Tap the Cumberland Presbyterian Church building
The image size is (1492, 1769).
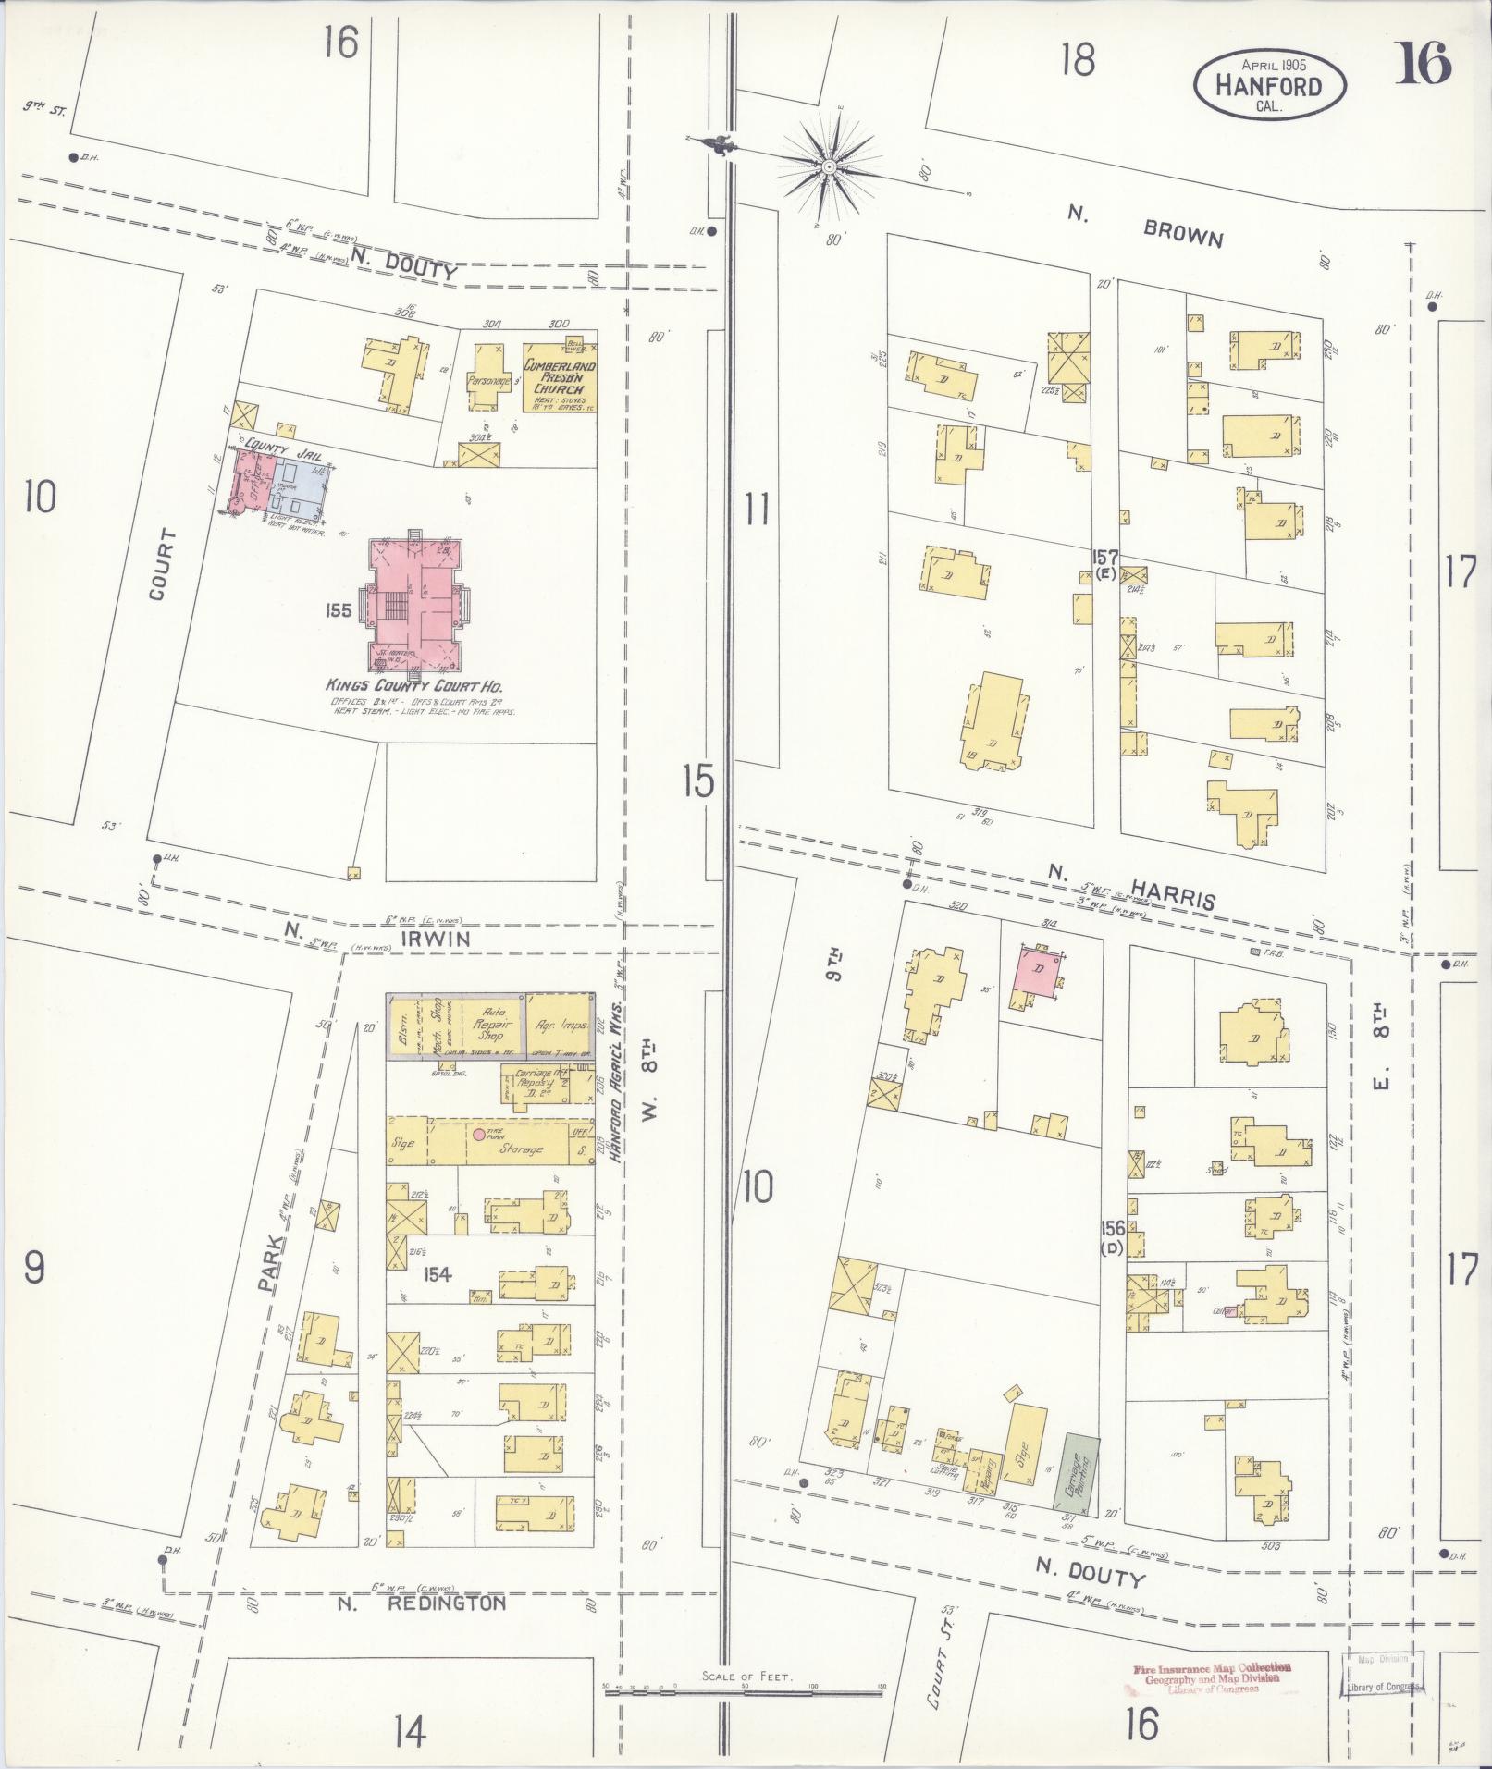(560, 379)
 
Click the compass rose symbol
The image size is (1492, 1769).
(828, 166)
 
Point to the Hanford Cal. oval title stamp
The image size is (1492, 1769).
(1269, 85)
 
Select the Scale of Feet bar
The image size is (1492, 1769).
(745, 1687)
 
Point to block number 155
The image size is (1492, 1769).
(339, 610)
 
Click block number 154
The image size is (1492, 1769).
(437, 1275)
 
